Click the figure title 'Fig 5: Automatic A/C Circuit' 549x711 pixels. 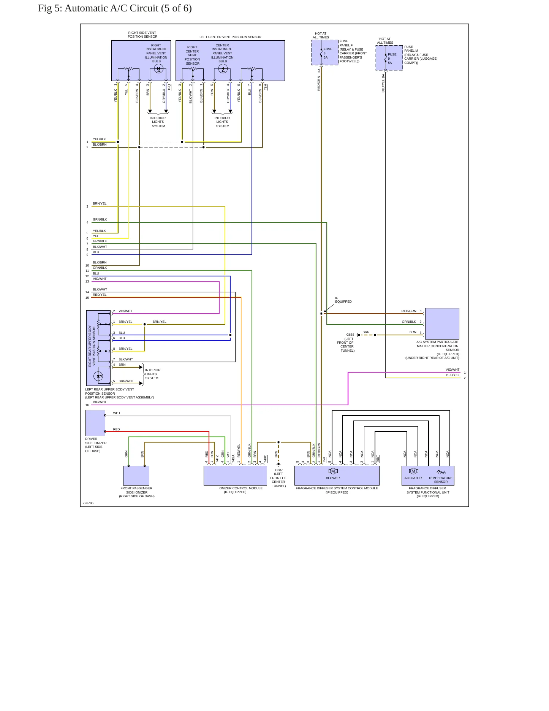tap(98, 8)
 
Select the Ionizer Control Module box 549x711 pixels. tap(235, 476)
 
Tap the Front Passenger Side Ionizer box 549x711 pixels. tap(136, 476)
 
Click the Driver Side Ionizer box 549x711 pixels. tap(95, 423)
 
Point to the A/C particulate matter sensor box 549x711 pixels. tap(442, 324)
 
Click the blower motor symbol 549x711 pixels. tap(333, 471)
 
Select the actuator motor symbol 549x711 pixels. tap(413, 471)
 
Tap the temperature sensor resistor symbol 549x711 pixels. tap(441, 472)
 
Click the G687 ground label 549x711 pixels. tap(278, 470)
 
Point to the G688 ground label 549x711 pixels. tap(350, 335)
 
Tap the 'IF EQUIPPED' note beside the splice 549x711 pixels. tap(343, 300)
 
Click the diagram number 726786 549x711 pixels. tap(88, 503)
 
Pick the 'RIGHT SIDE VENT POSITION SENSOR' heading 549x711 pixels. tap(142, 35)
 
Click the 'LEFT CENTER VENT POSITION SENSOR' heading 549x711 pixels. tap(230, 37)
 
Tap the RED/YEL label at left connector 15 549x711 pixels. tap(100, 295)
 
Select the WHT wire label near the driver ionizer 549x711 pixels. tap(117, 413)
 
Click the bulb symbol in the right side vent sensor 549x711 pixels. tap(158, 69)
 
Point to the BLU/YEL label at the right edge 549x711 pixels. tap(453, 375)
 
